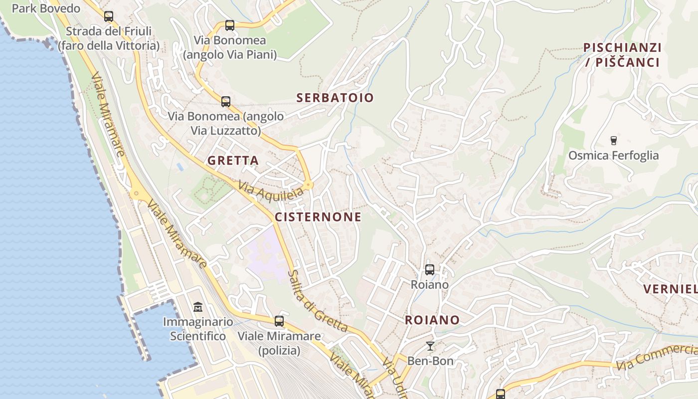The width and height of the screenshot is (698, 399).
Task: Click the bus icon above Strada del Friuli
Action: pyautogui.click(x=109, y=16)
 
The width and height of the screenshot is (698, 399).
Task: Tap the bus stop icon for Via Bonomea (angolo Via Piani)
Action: pyautogui.click(x=230, y=25)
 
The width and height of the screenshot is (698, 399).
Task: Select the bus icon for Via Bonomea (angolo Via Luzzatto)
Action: pyautogui.click(x=226, y=102)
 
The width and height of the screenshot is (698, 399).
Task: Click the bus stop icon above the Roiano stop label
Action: pyautogui.click(x=430, y=270)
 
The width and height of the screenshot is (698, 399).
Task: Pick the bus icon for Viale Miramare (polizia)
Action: pyautogui.click(x=279, y=321)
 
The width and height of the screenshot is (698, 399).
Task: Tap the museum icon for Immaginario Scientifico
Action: pyautogui.click(x=198, y=307)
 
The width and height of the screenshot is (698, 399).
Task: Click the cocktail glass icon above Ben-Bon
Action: pyautogui.click(x=430, y=346)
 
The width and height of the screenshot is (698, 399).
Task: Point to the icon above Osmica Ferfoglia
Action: pyautogui.click(x=614, y=141)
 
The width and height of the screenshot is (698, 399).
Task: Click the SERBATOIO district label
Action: pyautogui.click(x=335, y=98)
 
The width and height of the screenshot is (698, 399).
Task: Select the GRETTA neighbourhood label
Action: pyautogui.click(x=233, y=161)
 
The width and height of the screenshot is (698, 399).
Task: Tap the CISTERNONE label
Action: pyautogui.click(x=318, y=217)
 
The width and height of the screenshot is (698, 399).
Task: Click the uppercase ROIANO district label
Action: pyautogui.click(x=432, y=320)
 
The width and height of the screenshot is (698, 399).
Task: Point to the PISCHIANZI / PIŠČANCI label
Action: pyautogui.click(x=622, y=55)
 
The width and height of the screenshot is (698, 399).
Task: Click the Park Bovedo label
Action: pyautogui.click(x=46, y=8)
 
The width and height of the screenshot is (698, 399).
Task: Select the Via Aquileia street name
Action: pyautogui.click(x=271, y=192)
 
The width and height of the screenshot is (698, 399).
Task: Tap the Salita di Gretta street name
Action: pyautogui.click(x=317, y=302)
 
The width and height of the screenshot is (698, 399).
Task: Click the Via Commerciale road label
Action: pyautogui.click(x=657, y=357)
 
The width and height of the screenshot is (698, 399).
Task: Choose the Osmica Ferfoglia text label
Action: pyautogui.click(x=614, y=156)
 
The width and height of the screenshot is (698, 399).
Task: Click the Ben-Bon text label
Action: pyautogui.click(x=430, y=361)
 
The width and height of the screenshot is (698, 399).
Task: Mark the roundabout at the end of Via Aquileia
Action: pyautogui.click(x=309, y=186)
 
